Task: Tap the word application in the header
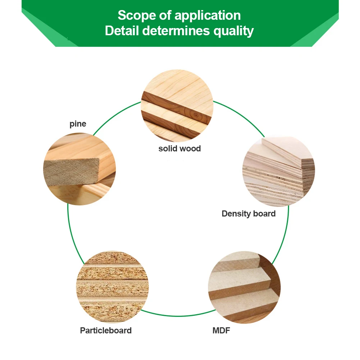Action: (208, 16)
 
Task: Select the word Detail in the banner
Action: (122, 31)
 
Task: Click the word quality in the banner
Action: (234, 31)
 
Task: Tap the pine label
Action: (78, 124)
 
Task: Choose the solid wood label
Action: (179, 149)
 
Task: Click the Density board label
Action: (249, 214)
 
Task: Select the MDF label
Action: (221, 330)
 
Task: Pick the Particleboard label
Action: (106, 331)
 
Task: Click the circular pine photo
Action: (79, 169)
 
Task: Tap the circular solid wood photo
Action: (177, 106)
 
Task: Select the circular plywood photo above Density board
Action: (279, 172)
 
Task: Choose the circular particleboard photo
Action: (112, 287)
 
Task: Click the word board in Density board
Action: (264, 214)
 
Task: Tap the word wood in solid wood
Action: (190, 149)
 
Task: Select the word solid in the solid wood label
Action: (168, 149)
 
